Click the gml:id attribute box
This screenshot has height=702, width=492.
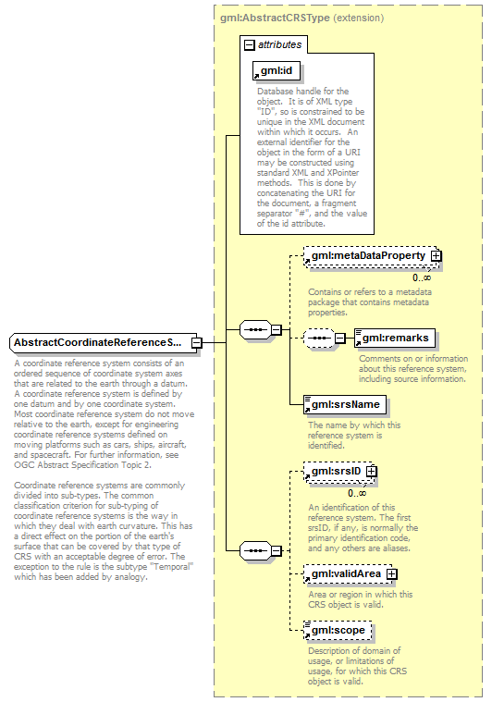(x=277, y=71)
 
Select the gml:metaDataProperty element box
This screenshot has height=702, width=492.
(x=367, y=255)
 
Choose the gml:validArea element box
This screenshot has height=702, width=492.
(x=345, y=574)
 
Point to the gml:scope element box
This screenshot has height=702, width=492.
(x=338, y=631)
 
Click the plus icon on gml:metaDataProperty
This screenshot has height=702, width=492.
(x=436, y=255)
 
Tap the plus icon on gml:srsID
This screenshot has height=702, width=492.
(x=371, y=472)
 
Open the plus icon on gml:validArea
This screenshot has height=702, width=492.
(x=391, y=574)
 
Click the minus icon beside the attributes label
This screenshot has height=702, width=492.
(x=249, y=44)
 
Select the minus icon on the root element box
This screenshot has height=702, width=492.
(x=197, y=343)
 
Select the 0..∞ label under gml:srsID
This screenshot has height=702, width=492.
(x=345, y=493)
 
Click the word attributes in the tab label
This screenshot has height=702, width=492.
(x=278, y=44)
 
